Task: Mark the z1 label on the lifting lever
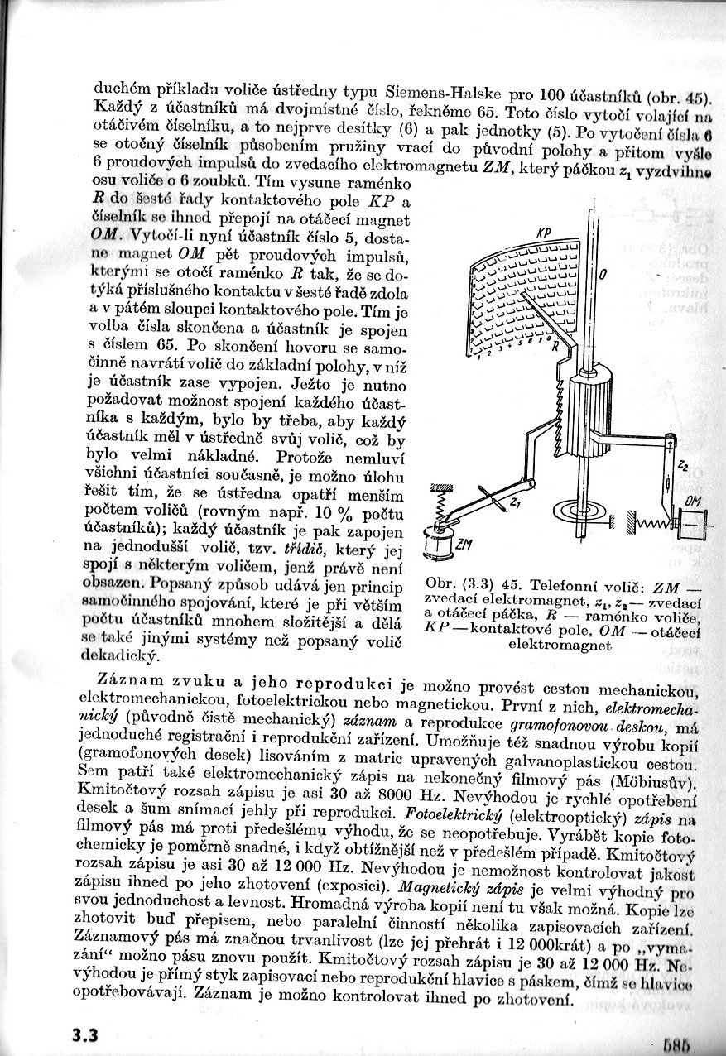click(516, 502)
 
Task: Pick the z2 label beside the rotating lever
click(681, 468)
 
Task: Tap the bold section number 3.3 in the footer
click(84, 1035)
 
